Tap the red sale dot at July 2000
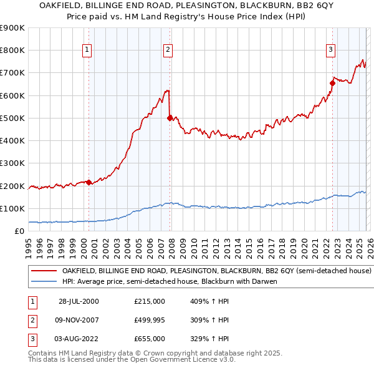[x=89, y=182]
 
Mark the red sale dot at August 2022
[x=332, y=82]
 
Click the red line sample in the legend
[x=44, y=271]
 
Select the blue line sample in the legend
[x=44, y=282]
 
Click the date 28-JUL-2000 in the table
[x=79, y=301]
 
